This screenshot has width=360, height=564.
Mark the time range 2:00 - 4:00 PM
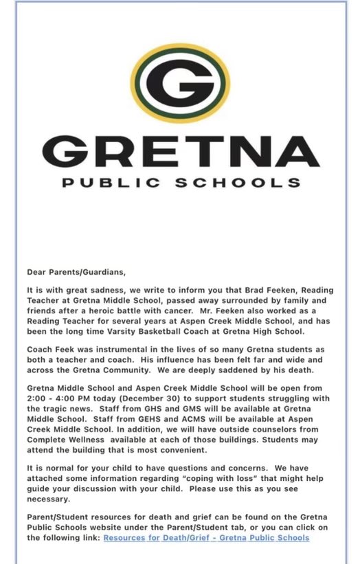click(63, 399)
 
